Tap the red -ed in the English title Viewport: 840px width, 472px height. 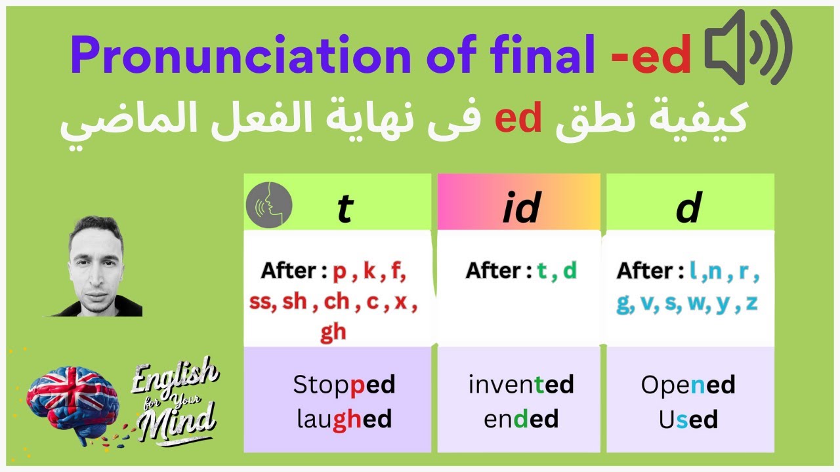point(651,56)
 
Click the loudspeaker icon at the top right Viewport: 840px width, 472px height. point(748,47)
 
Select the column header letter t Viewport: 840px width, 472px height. point(344,208)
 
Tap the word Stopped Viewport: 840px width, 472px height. point(344,385)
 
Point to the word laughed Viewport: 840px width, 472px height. point(344,419)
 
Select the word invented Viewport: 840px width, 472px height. point(521,385)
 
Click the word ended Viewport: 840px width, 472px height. point(521,419)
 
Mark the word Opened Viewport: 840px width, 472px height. point(688,385)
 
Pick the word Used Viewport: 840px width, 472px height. point(688,419)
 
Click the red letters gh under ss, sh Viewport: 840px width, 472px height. point(333,332)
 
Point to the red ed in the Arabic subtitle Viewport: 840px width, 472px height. point(518,119)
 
